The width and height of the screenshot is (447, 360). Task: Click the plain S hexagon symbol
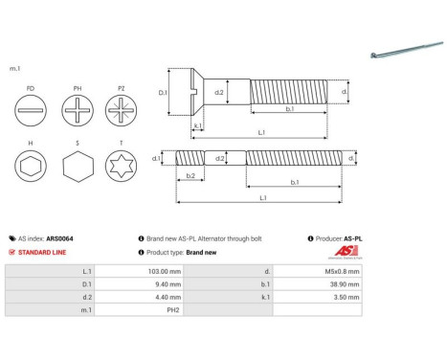tap(78, 169)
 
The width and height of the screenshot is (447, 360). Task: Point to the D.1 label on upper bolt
tap(163, 93)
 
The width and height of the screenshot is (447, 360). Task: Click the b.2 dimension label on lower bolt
tap(190, 176)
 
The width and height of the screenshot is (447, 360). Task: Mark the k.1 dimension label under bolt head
tap(197, 125)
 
